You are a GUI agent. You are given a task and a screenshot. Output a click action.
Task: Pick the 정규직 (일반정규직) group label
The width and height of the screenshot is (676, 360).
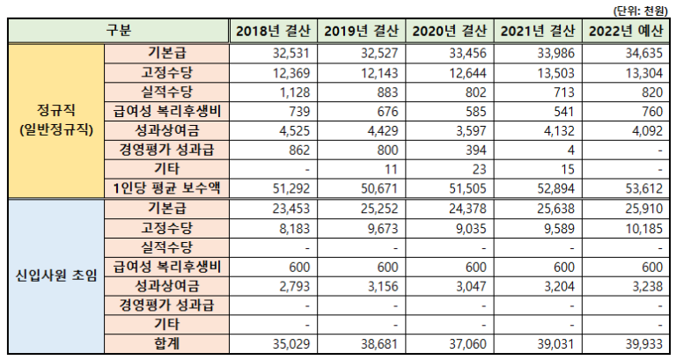pos(55,121)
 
